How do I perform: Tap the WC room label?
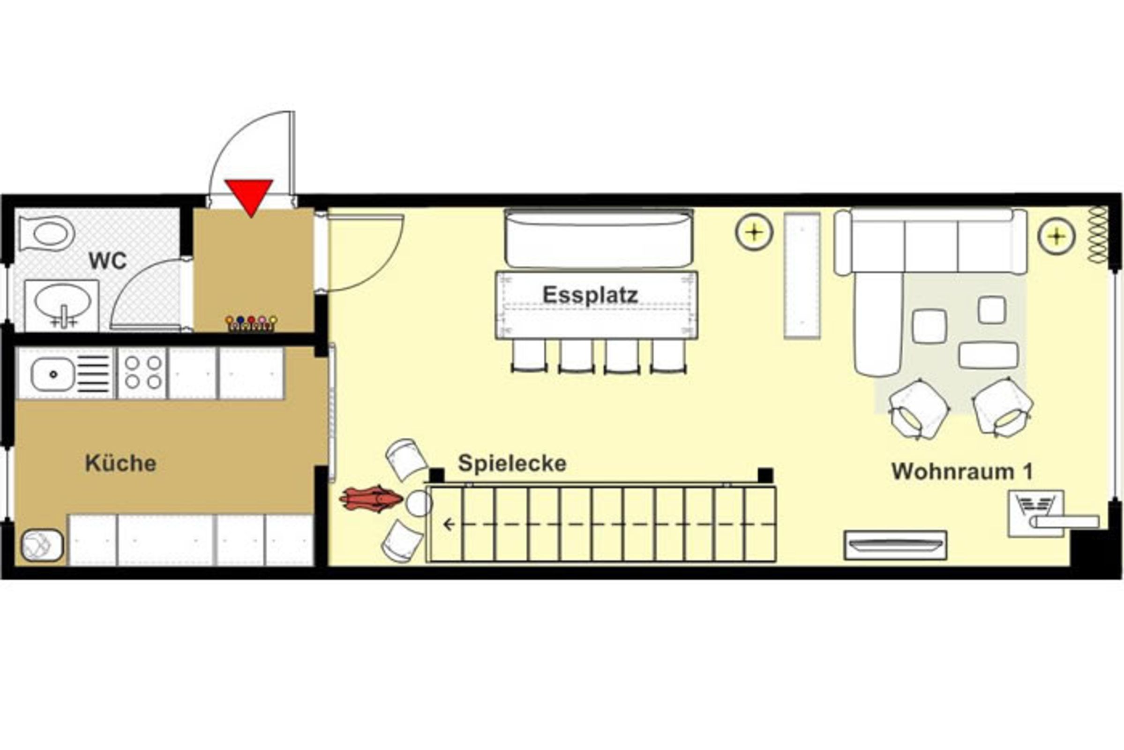[108, 261]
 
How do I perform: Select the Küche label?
[120, 463]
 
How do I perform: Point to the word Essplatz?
[590, 295]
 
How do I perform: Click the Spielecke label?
[512, 463]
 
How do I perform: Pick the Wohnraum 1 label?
[962, 472]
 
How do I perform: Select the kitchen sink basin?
[52, 374]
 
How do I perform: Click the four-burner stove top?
[142, 373]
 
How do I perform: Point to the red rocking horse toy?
[371, 499]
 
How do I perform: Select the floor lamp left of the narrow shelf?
[754, 232]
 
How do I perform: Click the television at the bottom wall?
[895, 545]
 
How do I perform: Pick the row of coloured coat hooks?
[251, 323]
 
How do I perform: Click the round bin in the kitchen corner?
[42, 545]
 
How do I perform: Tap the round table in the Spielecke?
[419, 503]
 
